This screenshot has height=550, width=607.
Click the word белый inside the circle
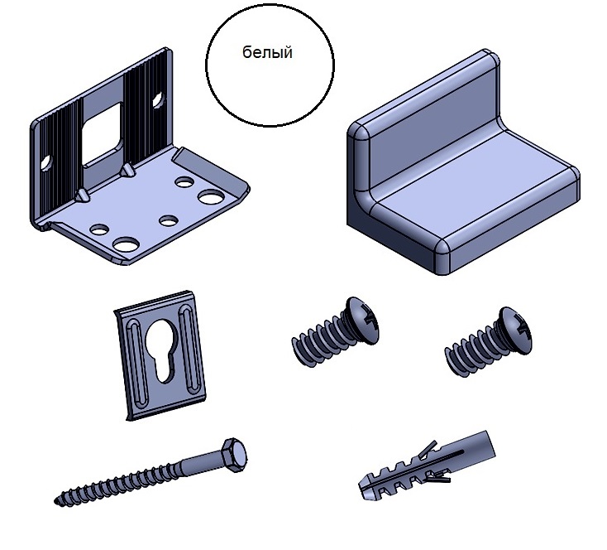(x=267, y=52)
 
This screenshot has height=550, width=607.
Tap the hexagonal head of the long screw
(x=235, y=453)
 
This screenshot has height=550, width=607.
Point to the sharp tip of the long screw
(x=56, y=501)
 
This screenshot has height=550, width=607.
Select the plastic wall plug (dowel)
(x=427, y=465)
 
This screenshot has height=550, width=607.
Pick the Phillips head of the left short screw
(x=362, y=321)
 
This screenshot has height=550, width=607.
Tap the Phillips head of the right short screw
(x=515, y=330)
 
